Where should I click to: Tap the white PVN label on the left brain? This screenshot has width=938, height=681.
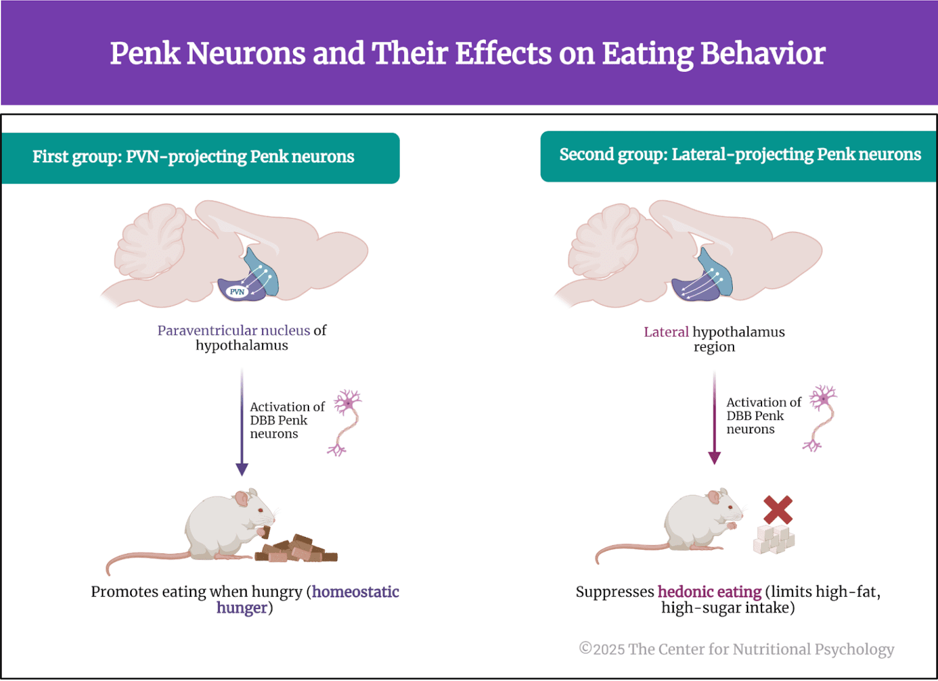(x=237, y=292)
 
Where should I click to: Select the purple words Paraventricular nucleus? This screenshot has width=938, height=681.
(x=234, y=331)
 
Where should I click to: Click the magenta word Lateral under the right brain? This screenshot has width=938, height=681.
(x=666, y=332)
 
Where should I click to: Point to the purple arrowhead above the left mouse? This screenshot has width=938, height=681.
(x=242, y=469)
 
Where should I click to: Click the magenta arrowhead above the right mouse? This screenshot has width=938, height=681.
(x=714, y=458)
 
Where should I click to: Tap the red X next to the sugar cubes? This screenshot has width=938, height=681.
(x=777, y=510)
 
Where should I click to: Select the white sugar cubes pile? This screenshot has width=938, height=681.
(x=774, y=539)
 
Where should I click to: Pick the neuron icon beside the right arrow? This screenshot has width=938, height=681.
(x=822, y=418)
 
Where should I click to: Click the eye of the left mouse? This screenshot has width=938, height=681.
(x=261, y=510)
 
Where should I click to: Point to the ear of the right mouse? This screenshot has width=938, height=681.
(x=714, y=497)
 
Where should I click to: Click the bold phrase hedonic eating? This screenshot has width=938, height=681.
(x=709, y=592)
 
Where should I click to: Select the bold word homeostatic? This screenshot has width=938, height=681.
(x=355, y=592)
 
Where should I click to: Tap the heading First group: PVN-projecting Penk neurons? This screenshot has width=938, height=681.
(x=193, y=157)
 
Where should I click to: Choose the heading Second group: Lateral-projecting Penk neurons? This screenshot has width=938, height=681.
(x=740, y=155)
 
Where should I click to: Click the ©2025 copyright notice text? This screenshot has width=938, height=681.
(x=736, y=649)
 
